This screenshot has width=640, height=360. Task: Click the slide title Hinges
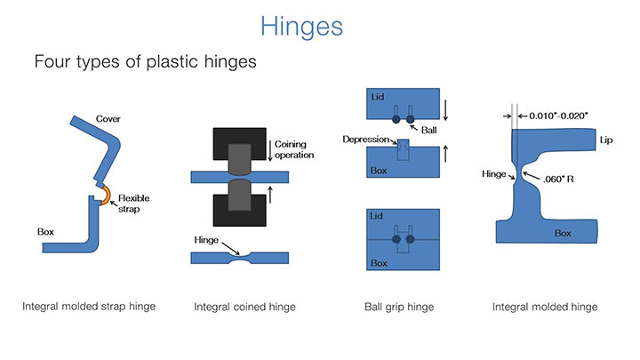[x=301, y=26]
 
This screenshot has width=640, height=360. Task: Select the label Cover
[x=108, y=119]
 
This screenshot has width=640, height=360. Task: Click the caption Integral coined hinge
[x=244, y=308]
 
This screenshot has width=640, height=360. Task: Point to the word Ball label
[x=428, y=129]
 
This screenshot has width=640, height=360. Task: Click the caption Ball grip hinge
[x=397, y=308]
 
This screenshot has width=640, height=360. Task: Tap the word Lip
[x=606, y=140]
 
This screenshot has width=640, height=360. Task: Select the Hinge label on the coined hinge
[x=206, y=240]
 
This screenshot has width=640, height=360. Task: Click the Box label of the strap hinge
[x=46, y=232]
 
